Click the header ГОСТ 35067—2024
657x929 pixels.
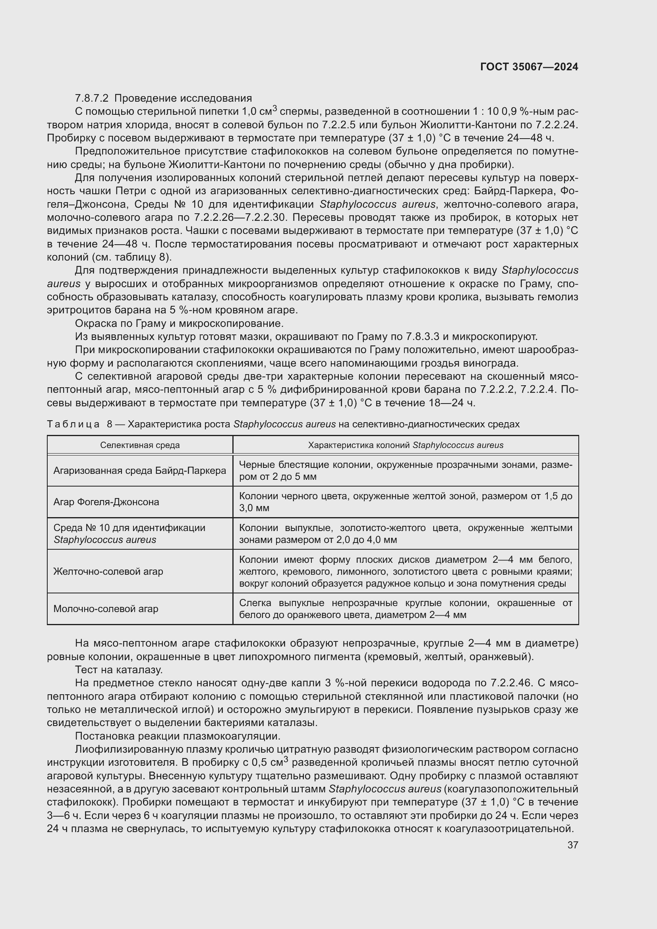pyautogui.click(x=529, y=67)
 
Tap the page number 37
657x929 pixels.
pyautogui.click(x=572, y=845)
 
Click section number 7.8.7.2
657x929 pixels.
pyautogui.click(x=91, y=99)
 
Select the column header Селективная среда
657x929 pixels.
pyautogui.click(x=140, y=445)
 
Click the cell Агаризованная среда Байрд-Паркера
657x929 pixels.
pyautogui.click(x=139, y=471)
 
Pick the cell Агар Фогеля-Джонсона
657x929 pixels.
pyautogui.click(x=106, y=502)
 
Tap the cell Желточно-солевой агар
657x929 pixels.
pyautogui.click(x=108, y=571)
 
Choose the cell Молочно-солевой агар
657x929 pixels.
pyautogui.click(x=106, y=608)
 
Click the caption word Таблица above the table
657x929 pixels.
pyautogui.click(x=73, y=424)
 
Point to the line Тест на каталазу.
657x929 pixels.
pyautogui.click(x=119, y=670)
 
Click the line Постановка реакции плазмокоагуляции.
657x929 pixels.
pyautogui.click(x=178, y=736)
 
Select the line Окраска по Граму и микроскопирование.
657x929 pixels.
pyautogui.click(x=179, y=323)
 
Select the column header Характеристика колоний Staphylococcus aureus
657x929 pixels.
pyautogui.click(x=406, y=445)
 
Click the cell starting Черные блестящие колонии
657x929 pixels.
pyautogui.click(x=406, y=471)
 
